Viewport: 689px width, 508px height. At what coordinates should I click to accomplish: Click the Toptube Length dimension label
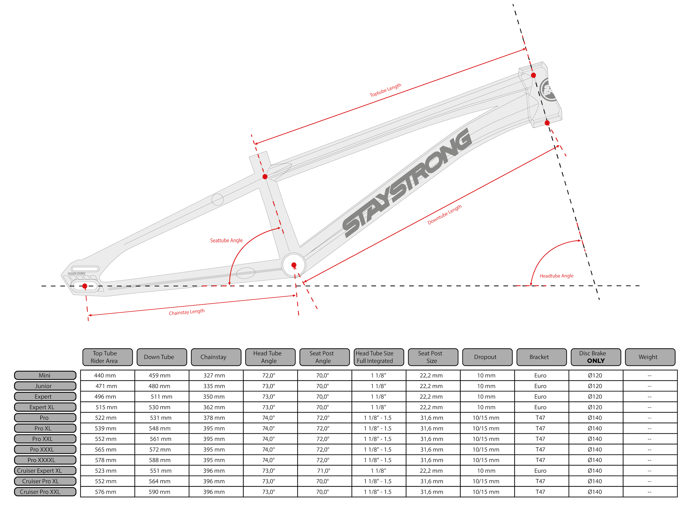[x=385, y=90]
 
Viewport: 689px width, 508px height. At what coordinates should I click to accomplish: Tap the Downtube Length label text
[x=444, y=214]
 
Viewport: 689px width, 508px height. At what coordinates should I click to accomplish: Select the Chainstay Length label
[x=187, y=312]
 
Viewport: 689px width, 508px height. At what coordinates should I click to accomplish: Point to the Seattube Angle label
[x=226, y=240]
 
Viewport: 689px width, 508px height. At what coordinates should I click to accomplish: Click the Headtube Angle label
[x=556, y=276]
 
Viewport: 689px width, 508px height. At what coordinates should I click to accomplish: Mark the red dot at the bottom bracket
[x=294, y=265]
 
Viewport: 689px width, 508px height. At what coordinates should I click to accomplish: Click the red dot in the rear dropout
[x=85, y=286]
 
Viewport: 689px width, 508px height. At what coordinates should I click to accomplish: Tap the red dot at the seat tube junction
[x=265, y=177]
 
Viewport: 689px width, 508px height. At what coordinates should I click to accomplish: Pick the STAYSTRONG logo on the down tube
[x=407, y=183]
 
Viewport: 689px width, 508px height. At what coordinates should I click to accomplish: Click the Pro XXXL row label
[x=45, y=449]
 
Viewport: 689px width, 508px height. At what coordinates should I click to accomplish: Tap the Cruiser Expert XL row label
[x=45, y=470]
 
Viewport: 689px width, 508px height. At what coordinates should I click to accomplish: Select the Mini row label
[x=45, y=375]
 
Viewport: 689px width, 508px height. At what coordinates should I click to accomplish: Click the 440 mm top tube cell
[x=105, y=375]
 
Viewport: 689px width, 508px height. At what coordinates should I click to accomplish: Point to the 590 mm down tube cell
[x=160, y=492]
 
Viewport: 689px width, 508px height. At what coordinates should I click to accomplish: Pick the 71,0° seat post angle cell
[x=324, y=470]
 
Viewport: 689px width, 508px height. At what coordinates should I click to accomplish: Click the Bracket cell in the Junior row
[x=540, y=386]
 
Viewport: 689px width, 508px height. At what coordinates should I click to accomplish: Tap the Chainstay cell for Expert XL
[x=214, y=407]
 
